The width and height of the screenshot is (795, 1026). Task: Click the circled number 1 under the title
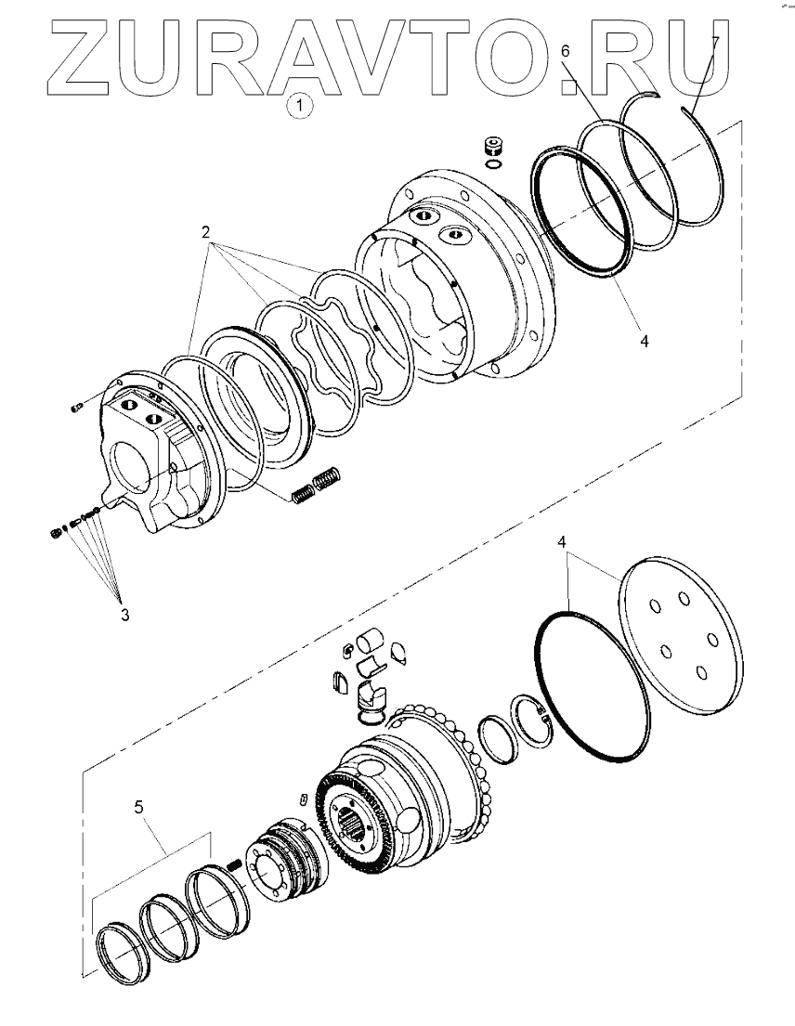pos(299,107)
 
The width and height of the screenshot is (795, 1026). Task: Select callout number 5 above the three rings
pos(138,807)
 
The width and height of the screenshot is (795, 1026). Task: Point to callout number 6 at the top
pos(565,51)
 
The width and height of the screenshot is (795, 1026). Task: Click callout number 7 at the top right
pos(715,42)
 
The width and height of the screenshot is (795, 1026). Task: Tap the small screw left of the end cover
pos(76,406)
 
